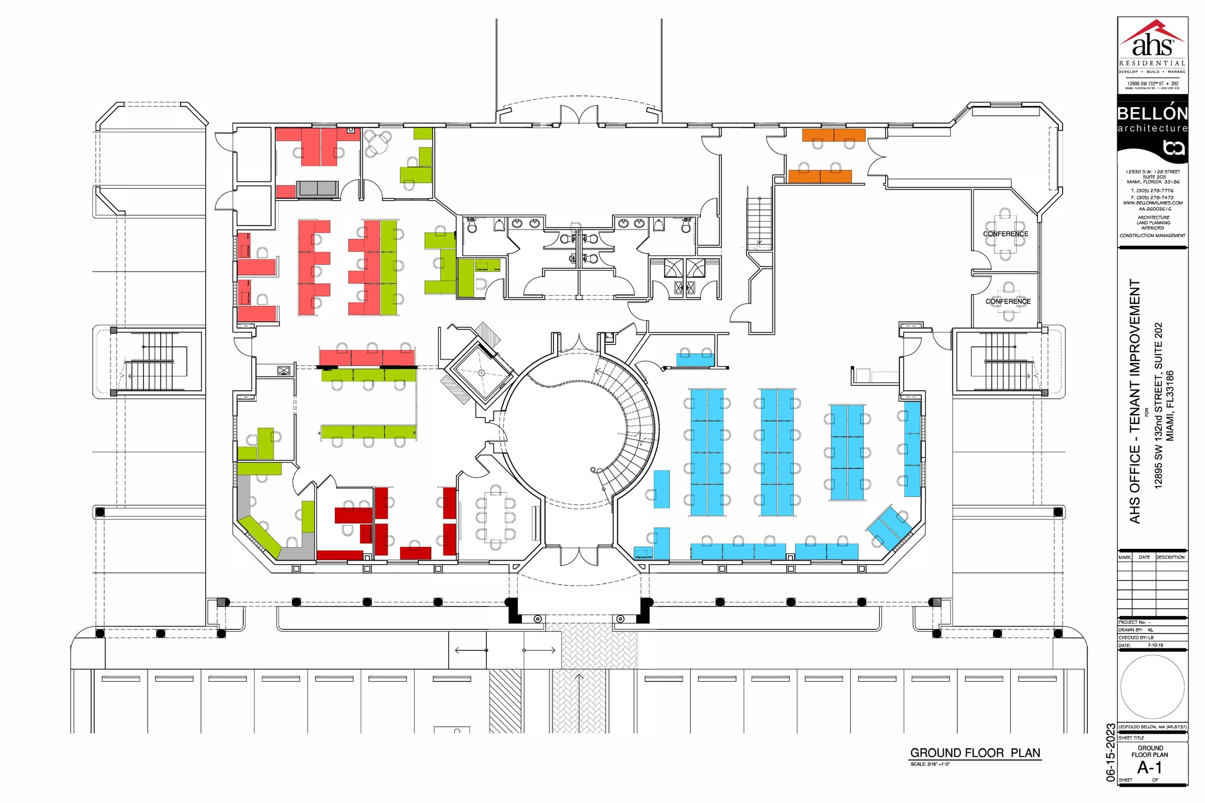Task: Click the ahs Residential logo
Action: (x=1152, y=47)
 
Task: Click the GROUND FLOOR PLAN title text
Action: (x=975, y=753)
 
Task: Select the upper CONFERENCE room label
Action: (x=1006, y=234)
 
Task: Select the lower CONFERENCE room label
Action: (x=1008, y=301)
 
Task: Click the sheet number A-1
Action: (x=1150, y=767)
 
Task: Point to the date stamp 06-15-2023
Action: (x=1110, y=752)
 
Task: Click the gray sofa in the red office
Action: (x=317, y=188)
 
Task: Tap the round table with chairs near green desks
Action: (x=377, y=143)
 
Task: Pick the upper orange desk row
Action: (x=834, y=135)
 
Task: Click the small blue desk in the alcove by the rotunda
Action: (x=695, y=359)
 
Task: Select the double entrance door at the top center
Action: (x=579, y=115)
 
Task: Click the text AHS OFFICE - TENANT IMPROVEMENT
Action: (x=1135, y=401)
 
